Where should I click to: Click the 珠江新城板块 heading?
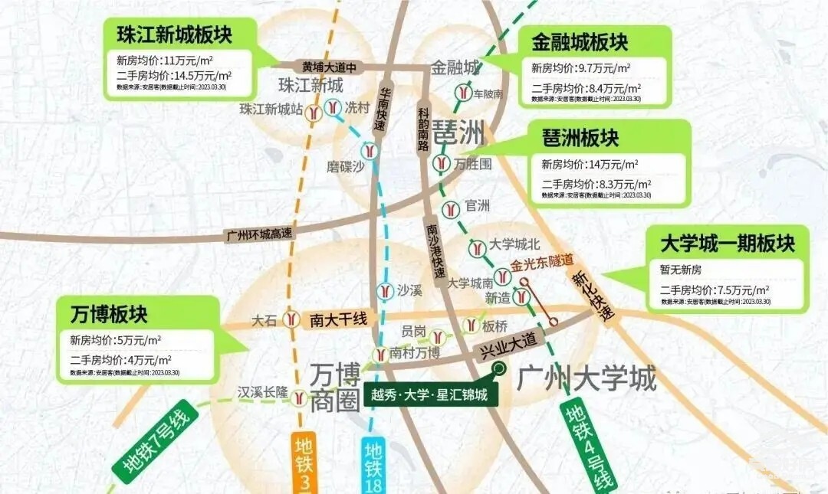[x=174, y=35]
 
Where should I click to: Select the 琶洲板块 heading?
[x=580, y=138]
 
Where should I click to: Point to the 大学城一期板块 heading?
[x=728, y=244]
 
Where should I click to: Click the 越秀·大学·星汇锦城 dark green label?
[x=430, y=395]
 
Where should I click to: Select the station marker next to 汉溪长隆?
[x=299, y=397]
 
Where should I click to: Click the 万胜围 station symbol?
[x=441, y=163]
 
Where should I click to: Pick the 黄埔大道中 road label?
[x=330, y=66]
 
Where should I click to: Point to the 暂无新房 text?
[x=681, y=270]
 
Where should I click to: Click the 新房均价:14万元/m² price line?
[x=590, y=164]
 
